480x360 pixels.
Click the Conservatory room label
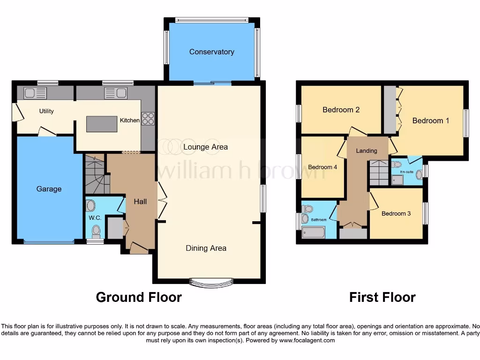pyautogui.click(x=211, y=52)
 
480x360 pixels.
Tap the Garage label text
pyautogui.click(x=49, y=189)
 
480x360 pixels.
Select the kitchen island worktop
pyautogui.click(x=102, y=124)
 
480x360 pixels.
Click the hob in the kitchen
pyautogui.click(x=148, y=119)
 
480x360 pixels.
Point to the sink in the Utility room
pyautogui.click(x=33, y=93)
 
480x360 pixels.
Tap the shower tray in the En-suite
pyautogui.click(x=397, y=180)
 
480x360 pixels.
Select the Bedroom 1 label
pyautogui.click(x=430, y=120)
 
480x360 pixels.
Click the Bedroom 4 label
pyautogui.click(x=322, y=167)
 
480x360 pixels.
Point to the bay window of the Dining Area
pyautogui.click(x=211, y=282)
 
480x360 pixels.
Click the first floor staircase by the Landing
pyautogui.click(x=378, y=172)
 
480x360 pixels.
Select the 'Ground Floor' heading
pyautogui.click(x=139, y=297)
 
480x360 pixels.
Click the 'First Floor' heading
pyautogui.click(x=382, y=297)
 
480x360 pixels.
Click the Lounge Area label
pyautogui.click(x=205, y=147)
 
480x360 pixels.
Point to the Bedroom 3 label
pyautogui.click(x=396, y=213)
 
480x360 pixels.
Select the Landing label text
pyautogui.click(x=366, y=150)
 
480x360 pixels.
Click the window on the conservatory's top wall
pyautogui.click(x=211, y=20)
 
